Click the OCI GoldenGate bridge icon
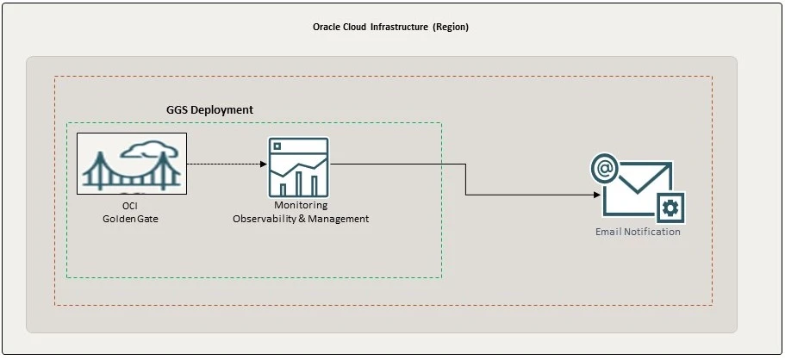(131, 163)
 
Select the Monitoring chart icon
(297, 167)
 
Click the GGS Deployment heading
(209, 110)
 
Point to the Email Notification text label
(638, 232)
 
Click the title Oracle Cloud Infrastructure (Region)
(390, 27)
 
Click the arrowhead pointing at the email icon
(596, 195)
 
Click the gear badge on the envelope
(670, 207)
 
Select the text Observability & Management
(301, 219)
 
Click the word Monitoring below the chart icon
(301, 206)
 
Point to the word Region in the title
(451, 27)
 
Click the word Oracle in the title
(327, 27)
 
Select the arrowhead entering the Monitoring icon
(264, 164)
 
